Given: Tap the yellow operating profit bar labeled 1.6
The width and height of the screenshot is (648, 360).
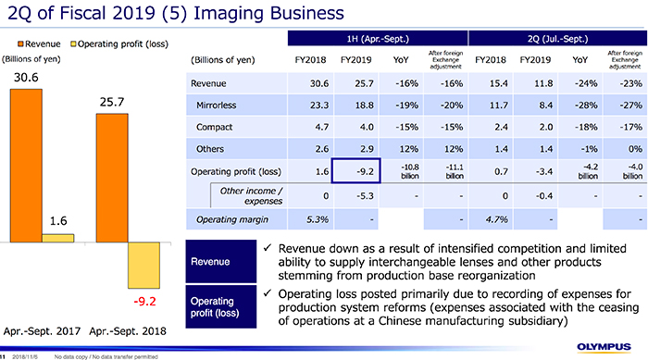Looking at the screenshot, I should [x=58, y=238].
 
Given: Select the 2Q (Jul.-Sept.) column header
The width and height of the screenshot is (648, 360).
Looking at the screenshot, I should [x=555, y=37].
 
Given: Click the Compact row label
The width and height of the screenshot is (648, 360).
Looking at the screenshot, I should [x=215, y=127].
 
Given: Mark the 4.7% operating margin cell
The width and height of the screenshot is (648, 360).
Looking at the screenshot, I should [x=489, y=219].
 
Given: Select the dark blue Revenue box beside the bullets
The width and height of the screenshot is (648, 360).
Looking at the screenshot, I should [x=219, y=261].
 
